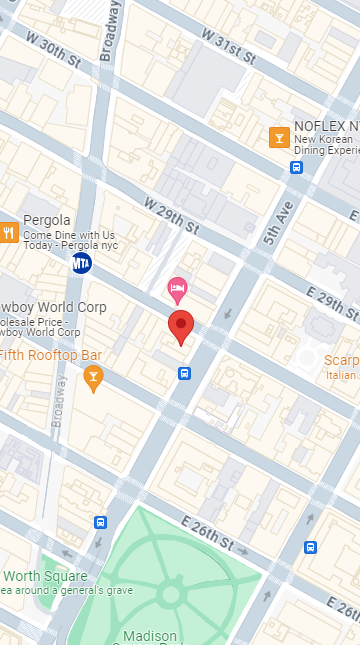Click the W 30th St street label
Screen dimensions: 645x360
tap(53, 52)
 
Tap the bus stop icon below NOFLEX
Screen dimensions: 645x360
tap(296, 167)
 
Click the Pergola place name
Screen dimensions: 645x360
tap(47, 220)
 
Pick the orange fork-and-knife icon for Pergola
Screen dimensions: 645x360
tap(9, 233)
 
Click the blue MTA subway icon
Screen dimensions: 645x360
tap(82, 263)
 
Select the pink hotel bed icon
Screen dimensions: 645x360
tap(177, 289)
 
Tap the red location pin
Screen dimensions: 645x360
tap(180, 326)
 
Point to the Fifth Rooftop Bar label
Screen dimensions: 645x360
tap(51, 355)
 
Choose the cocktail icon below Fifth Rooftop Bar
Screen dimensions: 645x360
tap(93, 377)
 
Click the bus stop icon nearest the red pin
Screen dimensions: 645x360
tap(185, 373)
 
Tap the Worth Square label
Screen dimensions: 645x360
tap(44, 576)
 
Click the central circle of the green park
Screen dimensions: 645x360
tap(170, 595)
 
